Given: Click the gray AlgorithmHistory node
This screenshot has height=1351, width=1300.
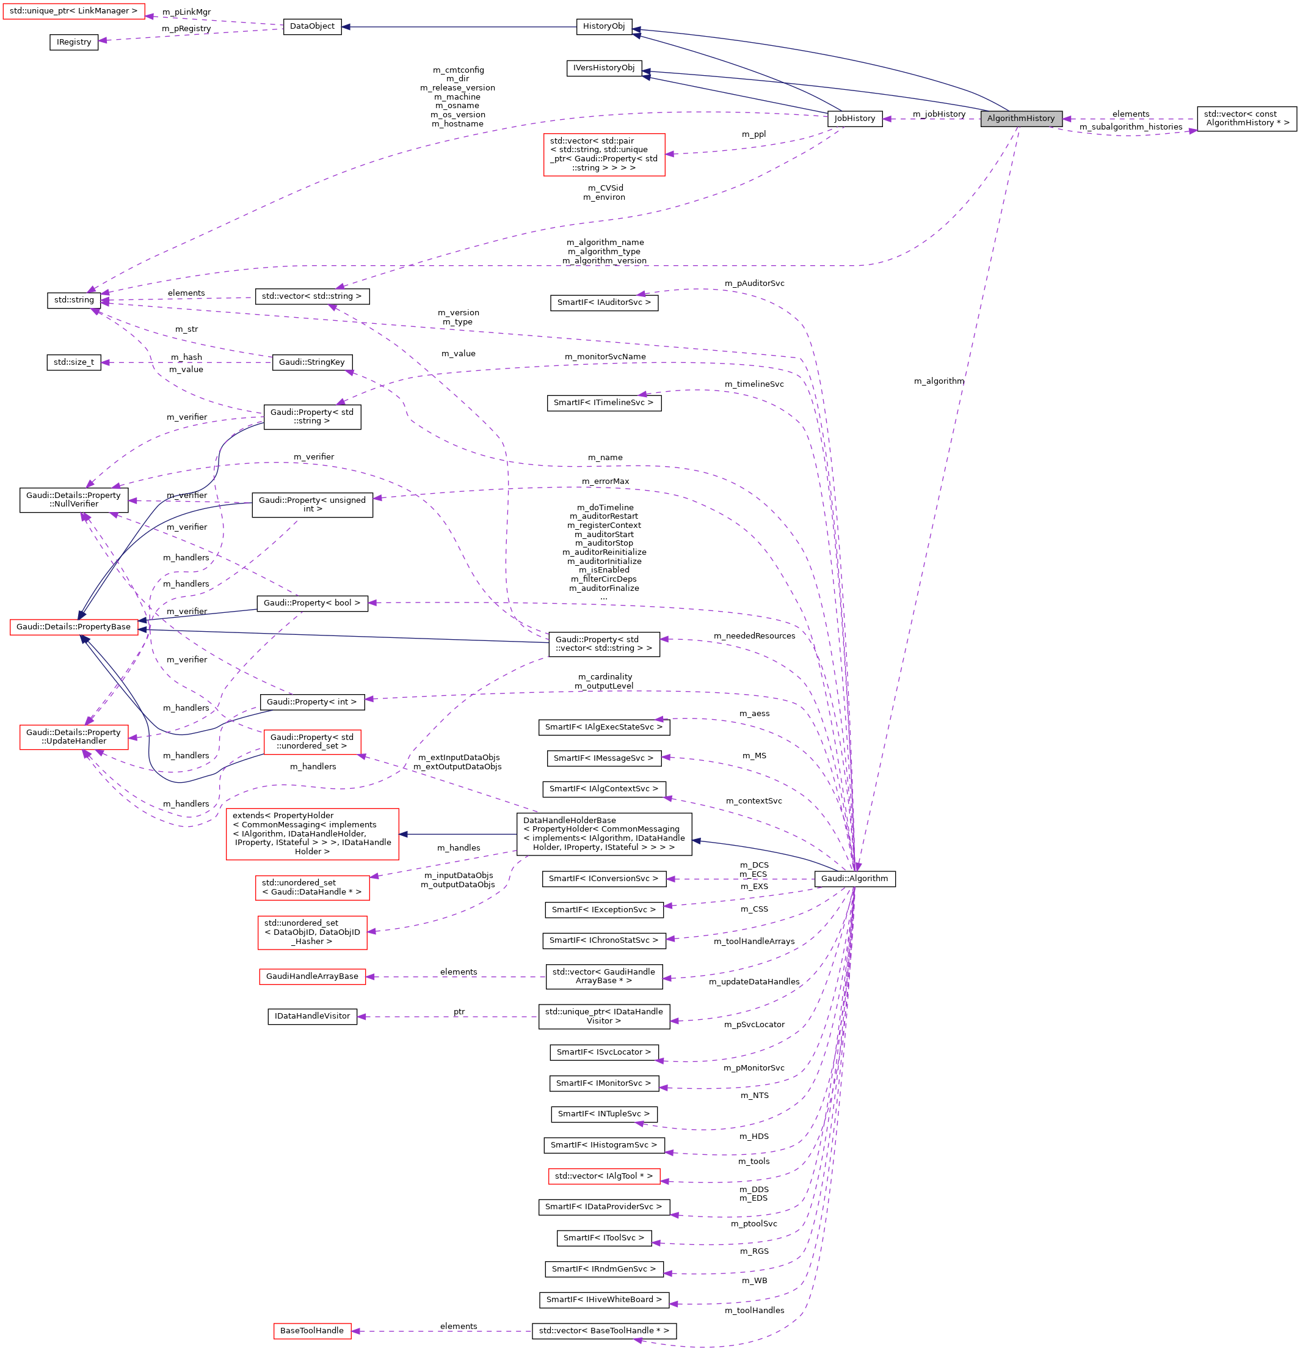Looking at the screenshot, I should tap(1020, 119).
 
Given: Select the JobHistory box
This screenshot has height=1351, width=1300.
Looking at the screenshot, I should tap(854, 119).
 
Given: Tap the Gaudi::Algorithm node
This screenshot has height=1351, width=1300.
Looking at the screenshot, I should tap(854, 878).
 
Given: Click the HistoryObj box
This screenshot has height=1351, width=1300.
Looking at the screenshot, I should tap(603, 26).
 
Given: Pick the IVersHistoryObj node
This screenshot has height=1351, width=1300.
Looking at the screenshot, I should tap(603, 68).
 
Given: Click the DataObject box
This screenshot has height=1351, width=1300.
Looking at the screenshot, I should tap(312, 26).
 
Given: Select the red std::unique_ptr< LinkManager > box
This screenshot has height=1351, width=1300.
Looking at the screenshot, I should tap(74, 11).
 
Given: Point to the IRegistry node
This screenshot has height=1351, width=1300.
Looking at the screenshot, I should tap(74, 42).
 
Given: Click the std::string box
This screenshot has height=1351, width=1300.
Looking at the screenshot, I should tap(74, 300).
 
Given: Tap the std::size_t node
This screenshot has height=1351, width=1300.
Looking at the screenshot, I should tap(74, 362).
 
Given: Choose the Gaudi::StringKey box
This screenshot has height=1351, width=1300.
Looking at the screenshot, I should tap(312, 362).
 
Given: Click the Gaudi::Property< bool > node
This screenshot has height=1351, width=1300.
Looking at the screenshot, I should tap(312, 602).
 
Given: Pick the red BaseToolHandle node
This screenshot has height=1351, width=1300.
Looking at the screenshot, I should tap(312, 1330).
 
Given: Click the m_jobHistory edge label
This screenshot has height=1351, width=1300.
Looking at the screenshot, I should tap(939, 114).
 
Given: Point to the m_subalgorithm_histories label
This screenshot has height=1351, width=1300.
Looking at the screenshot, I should tap(1130, 127).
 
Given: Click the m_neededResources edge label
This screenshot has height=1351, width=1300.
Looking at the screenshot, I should tap(753, 635).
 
